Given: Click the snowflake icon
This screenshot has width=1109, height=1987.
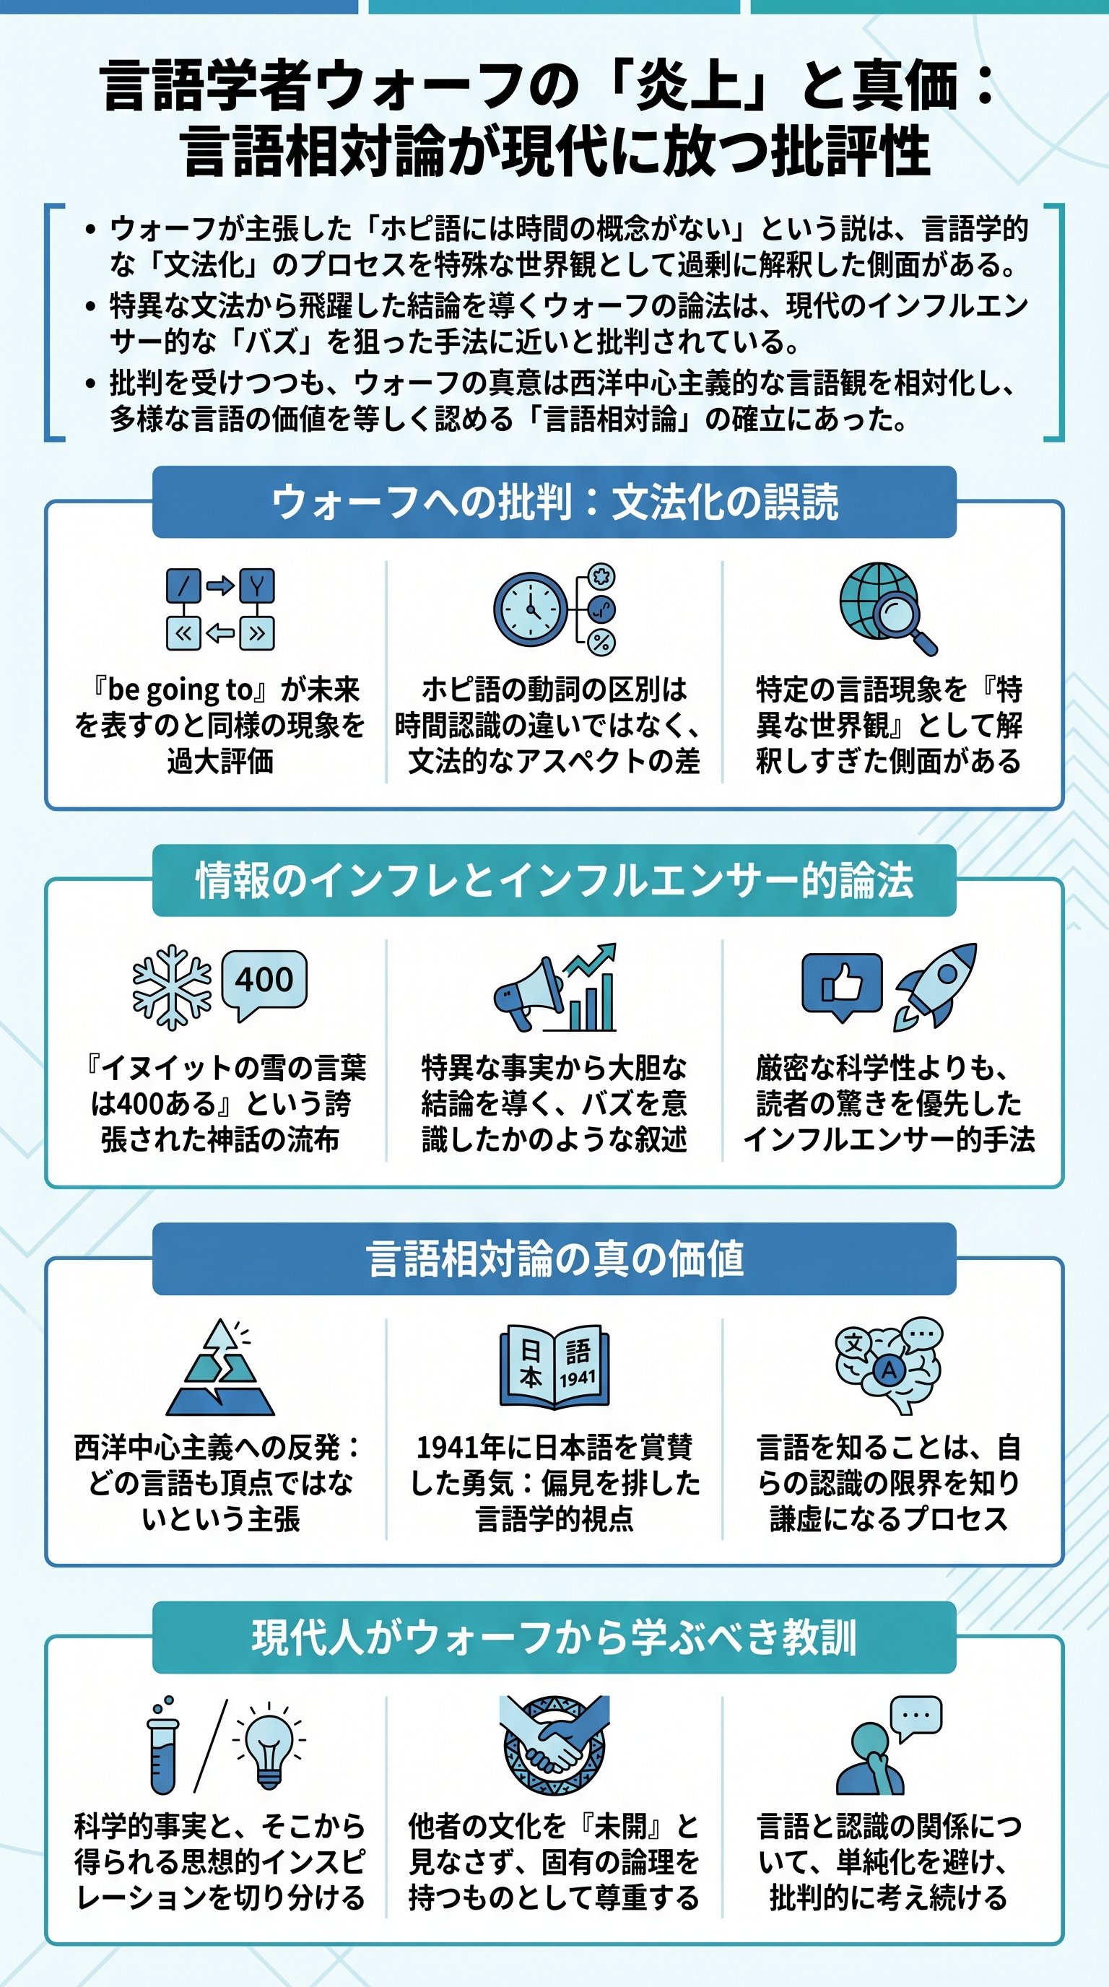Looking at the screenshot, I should (x=171, y=986).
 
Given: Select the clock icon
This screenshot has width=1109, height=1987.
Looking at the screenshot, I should (x=531, y=609).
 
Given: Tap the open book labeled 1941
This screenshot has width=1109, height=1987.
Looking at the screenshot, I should (x=554, y=1366).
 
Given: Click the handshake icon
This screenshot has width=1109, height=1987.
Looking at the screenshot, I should (x=554, y=1745).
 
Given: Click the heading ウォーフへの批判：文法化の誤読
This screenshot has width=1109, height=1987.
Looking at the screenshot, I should (x=554, y=502).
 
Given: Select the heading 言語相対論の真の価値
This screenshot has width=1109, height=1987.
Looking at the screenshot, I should (x=554, y=1259).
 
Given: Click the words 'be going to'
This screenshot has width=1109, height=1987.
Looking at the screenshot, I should (x=181, y=690).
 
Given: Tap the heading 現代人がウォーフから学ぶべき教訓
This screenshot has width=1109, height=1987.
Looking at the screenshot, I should (x=554, y=1638).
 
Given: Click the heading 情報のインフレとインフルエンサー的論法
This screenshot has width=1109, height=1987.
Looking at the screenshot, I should (x=554, y=880).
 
